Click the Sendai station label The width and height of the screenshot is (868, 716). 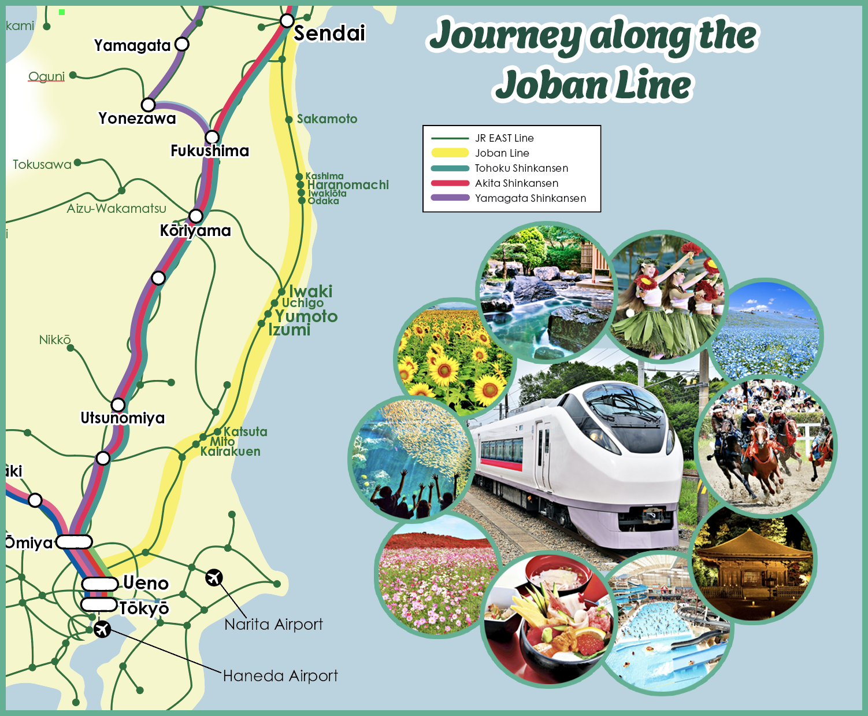point(329,34)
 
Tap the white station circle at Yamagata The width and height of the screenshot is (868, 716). point(181,44)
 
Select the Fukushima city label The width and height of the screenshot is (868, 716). point(209,151)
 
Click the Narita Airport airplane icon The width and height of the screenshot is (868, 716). point(214,577)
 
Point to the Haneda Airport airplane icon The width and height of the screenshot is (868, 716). point(102,629)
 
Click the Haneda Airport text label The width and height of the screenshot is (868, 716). point(280,676)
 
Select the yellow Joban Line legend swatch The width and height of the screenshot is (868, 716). point(450,153)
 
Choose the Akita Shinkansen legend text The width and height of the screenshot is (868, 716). point(516,183)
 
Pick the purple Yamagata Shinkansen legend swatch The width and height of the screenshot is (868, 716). point(450,198)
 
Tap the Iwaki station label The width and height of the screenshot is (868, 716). point(310,291)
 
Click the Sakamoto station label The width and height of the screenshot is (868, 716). point(327,119)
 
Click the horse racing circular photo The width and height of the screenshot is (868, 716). point(766,445)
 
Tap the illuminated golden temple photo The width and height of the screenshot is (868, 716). point(754,564)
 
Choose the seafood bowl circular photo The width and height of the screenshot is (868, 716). point(546,619)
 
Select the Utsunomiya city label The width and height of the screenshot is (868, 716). point(123,418)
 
